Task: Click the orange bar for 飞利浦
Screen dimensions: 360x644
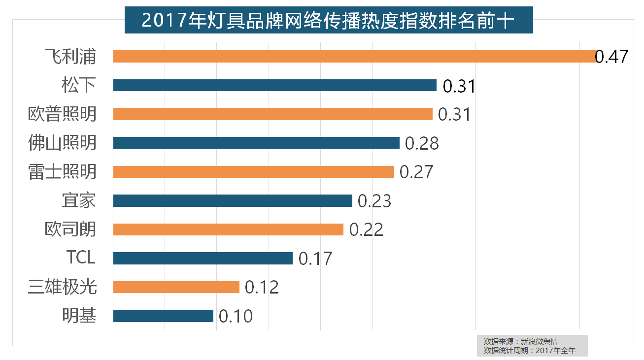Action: [x=355, y=56]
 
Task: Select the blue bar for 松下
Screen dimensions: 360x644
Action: [x=274, y=85]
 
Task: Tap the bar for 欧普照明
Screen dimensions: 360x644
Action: [x=272, y=114]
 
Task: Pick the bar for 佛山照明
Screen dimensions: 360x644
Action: [x=256, y=143]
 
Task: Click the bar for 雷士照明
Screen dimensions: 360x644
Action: [x=253, y=171]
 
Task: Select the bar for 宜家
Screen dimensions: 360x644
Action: [x=233, y=200]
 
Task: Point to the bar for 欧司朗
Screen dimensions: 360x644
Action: [x=228, y=229]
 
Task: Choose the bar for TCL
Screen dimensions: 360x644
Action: [x=203, y=258]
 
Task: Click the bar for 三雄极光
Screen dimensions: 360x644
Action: [x=176, y=287]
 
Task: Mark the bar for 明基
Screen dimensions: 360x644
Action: [x=163, y=316]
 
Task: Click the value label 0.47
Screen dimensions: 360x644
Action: [x=611, y=57]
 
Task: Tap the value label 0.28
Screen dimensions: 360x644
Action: [x=422, y=143]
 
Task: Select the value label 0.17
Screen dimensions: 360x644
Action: [x=316, y=259]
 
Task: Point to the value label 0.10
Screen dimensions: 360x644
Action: [x=236, y=316]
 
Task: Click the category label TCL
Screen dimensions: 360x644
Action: [x=81, y=258]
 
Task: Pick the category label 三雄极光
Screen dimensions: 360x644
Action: [x=62, y=287]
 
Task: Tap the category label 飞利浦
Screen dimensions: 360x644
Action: [x=70, y=57]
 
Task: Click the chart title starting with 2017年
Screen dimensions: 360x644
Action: [x=328, y=21]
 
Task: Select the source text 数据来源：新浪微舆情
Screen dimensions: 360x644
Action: [x=521, y=341]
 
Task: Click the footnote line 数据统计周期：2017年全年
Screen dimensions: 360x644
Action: [x=530, y=351]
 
